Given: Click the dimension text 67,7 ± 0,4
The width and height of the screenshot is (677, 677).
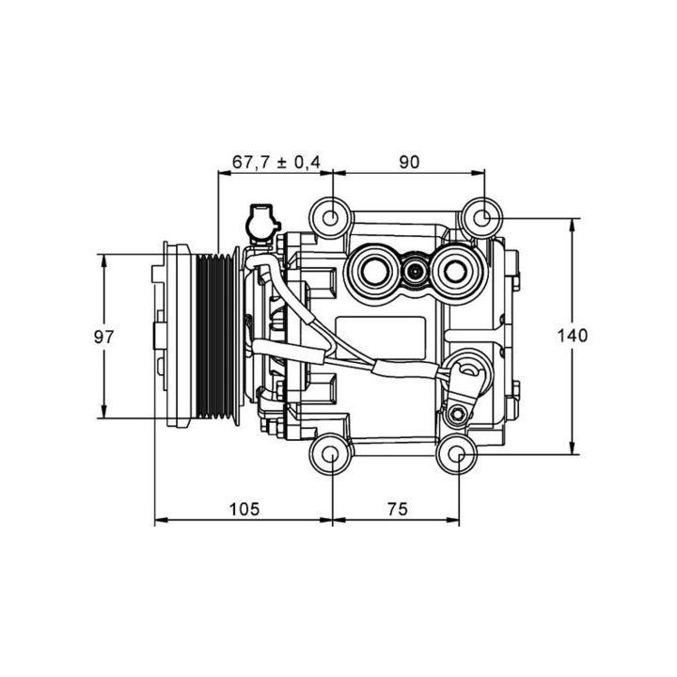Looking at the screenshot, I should [276, 162].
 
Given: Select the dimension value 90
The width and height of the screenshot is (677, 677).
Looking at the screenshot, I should [407, 162].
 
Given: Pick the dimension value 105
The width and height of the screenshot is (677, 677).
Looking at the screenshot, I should [243, 509].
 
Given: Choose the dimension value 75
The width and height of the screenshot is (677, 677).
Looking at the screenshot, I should [396, 509].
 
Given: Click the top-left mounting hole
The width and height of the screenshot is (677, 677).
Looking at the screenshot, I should [332, 217].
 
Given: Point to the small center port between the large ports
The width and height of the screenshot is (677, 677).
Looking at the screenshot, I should [414, 274].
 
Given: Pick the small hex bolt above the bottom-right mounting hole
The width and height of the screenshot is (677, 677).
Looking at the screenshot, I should [457, 415].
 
